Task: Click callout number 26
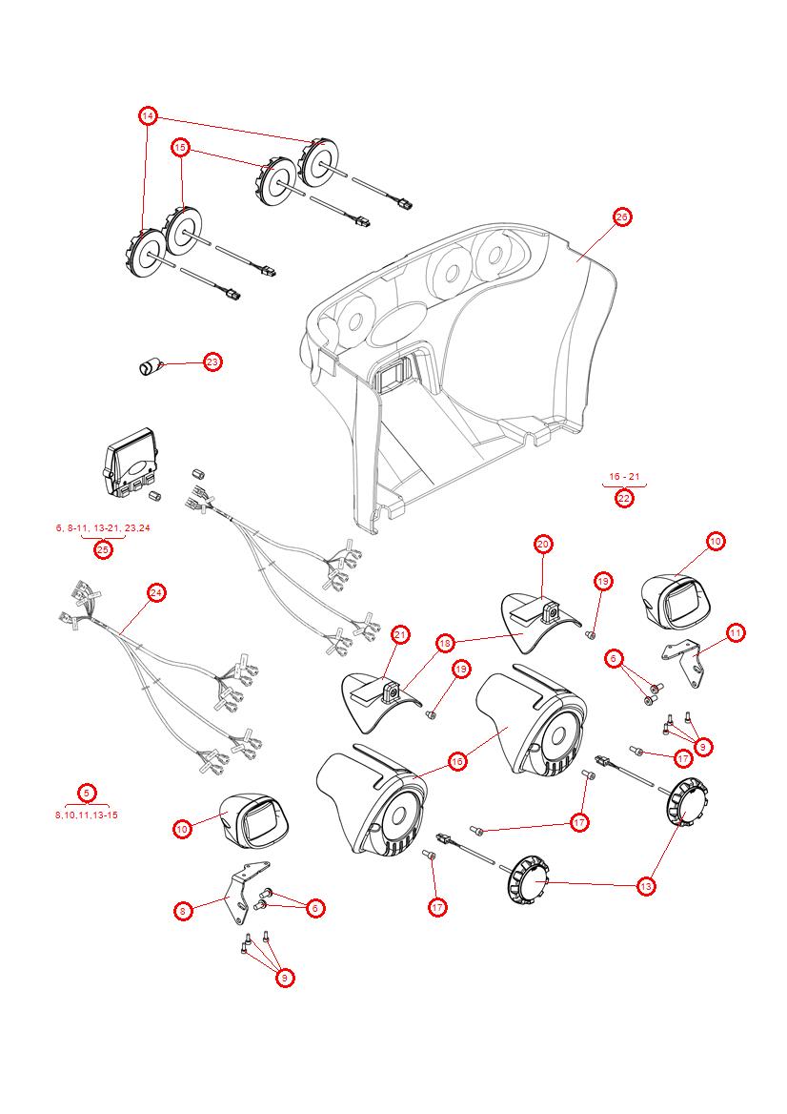(621, 217)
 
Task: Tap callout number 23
(212, 362)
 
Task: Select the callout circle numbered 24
(156, 593)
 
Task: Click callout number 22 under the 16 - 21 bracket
(624, 498)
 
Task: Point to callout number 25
(103, 549)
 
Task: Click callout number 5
(87, 793)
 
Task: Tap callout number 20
(543, 545)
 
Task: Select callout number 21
(401, 634)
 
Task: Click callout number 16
(457, 761)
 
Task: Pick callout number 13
(646, 886)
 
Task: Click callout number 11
(735, 632)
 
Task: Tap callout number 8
(182, 911)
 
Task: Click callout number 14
(148, 116)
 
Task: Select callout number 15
(180, 148)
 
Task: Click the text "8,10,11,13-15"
(87, 815)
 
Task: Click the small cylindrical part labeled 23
(150, 366)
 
